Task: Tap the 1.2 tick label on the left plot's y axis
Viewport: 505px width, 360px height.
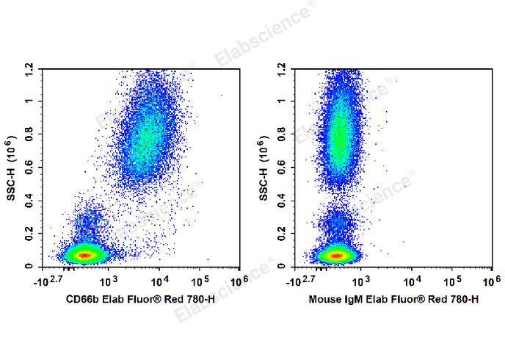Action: tap(30, 68)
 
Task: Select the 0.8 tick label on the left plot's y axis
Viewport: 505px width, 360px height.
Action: tap(30, 134)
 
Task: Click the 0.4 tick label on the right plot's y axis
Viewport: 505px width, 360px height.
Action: tap(282, 201)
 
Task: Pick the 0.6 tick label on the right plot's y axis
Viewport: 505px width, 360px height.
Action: tap(282, 168)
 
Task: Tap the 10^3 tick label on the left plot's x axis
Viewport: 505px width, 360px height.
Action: tap(109, 281)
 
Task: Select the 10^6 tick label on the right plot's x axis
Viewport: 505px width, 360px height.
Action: tap(490, 281)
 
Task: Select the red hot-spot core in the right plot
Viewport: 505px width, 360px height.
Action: tap(336, 256)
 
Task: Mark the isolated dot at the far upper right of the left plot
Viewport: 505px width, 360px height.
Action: tap(222, 95)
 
